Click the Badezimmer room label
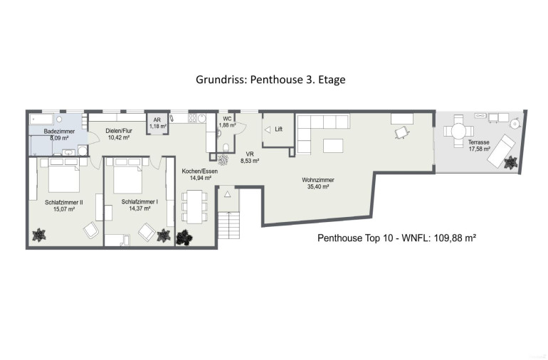coord(59,132)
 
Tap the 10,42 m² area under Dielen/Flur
coord(119,138)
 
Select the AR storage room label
coord(157,120)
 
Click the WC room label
coord(227,119)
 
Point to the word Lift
coord(278,129)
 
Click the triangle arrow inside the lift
coord(268,130)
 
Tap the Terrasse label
coord(479,142)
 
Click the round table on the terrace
coord(458,132)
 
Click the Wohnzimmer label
coord(318,180)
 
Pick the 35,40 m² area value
coord(318,186)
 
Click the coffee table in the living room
coord(333,146)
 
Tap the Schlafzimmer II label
coord(64,202)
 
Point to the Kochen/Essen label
coord(200,171)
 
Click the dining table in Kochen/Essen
coord(195,206)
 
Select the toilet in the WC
coord(226,147)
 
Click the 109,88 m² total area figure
coord(455,238)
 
